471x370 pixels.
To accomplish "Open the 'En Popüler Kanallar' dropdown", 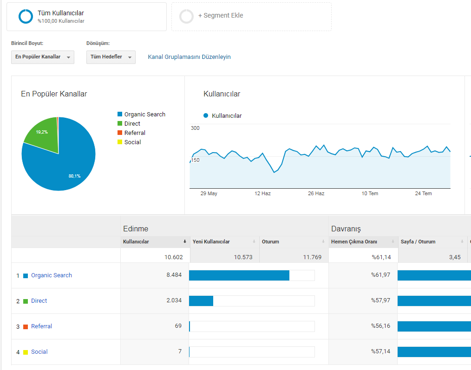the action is coord(43,57).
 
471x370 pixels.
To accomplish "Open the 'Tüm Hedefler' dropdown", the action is coord(111,57).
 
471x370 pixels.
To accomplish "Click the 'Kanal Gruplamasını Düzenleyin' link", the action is coord(189,57).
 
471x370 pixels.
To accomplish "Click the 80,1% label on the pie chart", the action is coord(74,176).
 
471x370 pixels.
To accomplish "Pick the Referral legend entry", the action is coord(131,133).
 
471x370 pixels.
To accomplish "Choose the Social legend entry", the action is coord(129,142).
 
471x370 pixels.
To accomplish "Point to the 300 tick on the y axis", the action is coord(195,128).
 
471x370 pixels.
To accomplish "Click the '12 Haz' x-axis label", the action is coord(262,193).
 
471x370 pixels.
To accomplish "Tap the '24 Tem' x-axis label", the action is coord(423,193).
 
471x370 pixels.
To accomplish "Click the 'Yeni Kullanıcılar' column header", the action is coord(211,242).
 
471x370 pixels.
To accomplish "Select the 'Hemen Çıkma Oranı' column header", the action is coord(354,242).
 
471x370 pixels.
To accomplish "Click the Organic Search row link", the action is coord(52,275).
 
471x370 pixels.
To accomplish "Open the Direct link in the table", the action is coord(39,301).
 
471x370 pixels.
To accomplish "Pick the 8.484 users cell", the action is coord(174,275).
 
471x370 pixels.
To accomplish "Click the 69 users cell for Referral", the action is coord(178,326).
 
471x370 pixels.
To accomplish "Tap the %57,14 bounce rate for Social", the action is coord(380,351).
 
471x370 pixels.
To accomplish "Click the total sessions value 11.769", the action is coord(312,257).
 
